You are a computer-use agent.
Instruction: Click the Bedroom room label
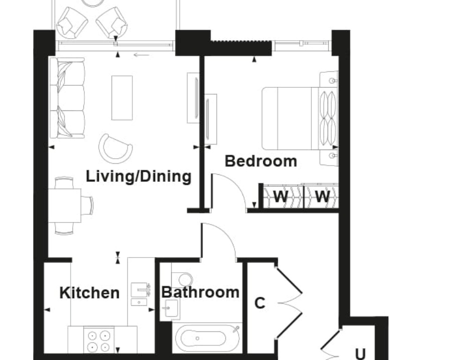click(261, 161)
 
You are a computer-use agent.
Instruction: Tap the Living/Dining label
click(139, 176)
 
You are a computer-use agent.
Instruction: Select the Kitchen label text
click(89, 293)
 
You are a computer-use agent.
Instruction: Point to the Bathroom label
click(201, 292)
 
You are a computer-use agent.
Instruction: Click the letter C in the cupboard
click(260, 303)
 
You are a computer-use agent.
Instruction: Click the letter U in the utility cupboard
click(360, 354)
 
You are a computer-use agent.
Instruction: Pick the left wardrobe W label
click(281, 196)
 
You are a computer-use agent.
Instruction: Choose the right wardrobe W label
click(322, 196)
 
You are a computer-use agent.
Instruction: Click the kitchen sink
click(141, 290)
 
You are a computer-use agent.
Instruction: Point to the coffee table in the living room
click(122, 98)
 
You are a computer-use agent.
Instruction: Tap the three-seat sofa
click(67, 98)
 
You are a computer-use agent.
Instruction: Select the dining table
click(65, 205)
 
